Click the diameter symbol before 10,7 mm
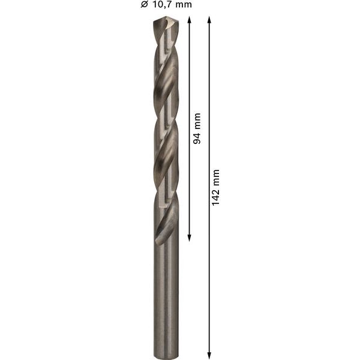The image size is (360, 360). coord(144,5)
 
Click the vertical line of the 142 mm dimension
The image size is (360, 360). coord(209,270)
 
